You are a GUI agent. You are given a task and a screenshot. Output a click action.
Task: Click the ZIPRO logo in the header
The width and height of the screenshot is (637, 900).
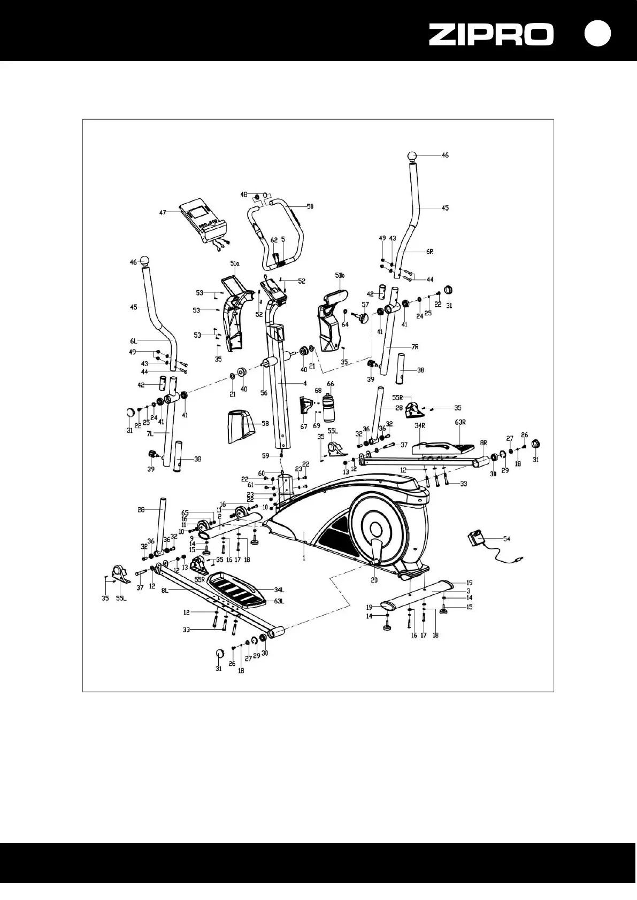pyautogui.click(x=491, y=35)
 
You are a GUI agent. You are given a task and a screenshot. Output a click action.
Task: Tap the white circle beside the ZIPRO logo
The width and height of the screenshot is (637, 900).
pyautogui.click(x=597, y=33)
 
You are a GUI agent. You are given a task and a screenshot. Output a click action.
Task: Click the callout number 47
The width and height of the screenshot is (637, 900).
pyautogui.click(x=163, y=212)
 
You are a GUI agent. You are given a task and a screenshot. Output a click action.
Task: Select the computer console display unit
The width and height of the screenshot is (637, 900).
pyautogui.click(x=204, y=221)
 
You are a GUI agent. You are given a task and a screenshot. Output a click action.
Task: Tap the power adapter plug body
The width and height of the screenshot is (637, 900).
pyautogui.click(x=475, y=538)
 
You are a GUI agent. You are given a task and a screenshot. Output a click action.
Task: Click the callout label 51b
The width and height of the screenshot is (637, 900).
pyautogui.click(x=340, y=275)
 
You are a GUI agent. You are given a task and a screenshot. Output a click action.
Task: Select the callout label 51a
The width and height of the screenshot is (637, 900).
pyautogui.click(x=234, y=264)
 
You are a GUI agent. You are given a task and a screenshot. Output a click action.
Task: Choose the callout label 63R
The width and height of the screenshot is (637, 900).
pyautogui.click(x=460, y=422)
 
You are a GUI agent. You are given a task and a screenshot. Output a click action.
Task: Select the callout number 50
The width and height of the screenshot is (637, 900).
pyautogui.click(x=310, y=206)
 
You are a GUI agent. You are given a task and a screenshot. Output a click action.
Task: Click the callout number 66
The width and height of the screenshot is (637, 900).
pyautogui.click(x=331, y=384)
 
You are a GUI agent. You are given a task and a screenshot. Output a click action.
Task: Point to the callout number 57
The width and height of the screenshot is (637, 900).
pyautogui.click(x=366, y=305)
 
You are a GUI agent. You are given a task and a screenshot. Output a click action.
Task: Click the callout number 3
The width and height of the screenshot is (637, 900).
pyautogui.click(x=468, y=591)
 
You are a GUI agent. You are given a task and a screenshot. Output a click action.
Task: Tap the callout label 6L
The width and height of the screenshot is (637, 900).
pyautogui.click(x=133, y=341)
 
